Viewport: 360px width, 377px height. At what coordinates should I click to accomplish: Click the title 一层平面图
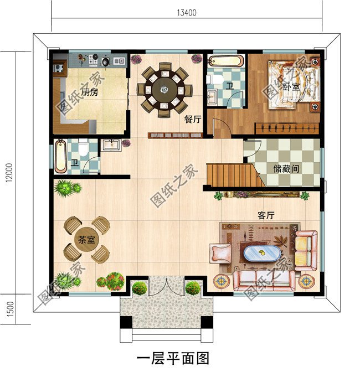[x=173, y=358]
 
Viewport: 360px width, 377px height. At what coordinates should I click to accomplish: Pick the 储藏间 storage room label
[x=286, y=167]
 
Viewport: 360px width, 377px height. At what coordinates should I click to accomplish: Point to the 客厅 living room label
[x=266, y=215]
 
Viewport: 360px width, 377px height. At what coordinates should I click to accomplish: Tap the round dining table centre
[x=165, y=88]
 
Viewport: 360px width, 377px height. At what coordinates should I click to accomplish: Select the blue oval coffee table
[x=263, y=254]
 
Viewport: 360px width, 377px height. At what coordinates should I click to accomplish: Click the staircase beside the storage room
[x=233, y=174]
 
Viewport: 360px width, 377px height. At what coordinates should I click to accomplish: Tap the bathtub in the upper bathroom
[x=226, y=61]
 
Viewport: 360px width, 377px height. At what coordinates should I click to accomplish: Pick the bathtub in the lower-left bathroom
[x=60, y=156]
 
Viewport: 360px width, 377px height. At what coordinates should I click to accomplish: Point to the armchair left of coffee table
[x=219, y=253]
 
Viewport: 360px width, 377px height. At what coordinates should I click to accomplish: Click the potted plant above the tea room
[x=66, y=188]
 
